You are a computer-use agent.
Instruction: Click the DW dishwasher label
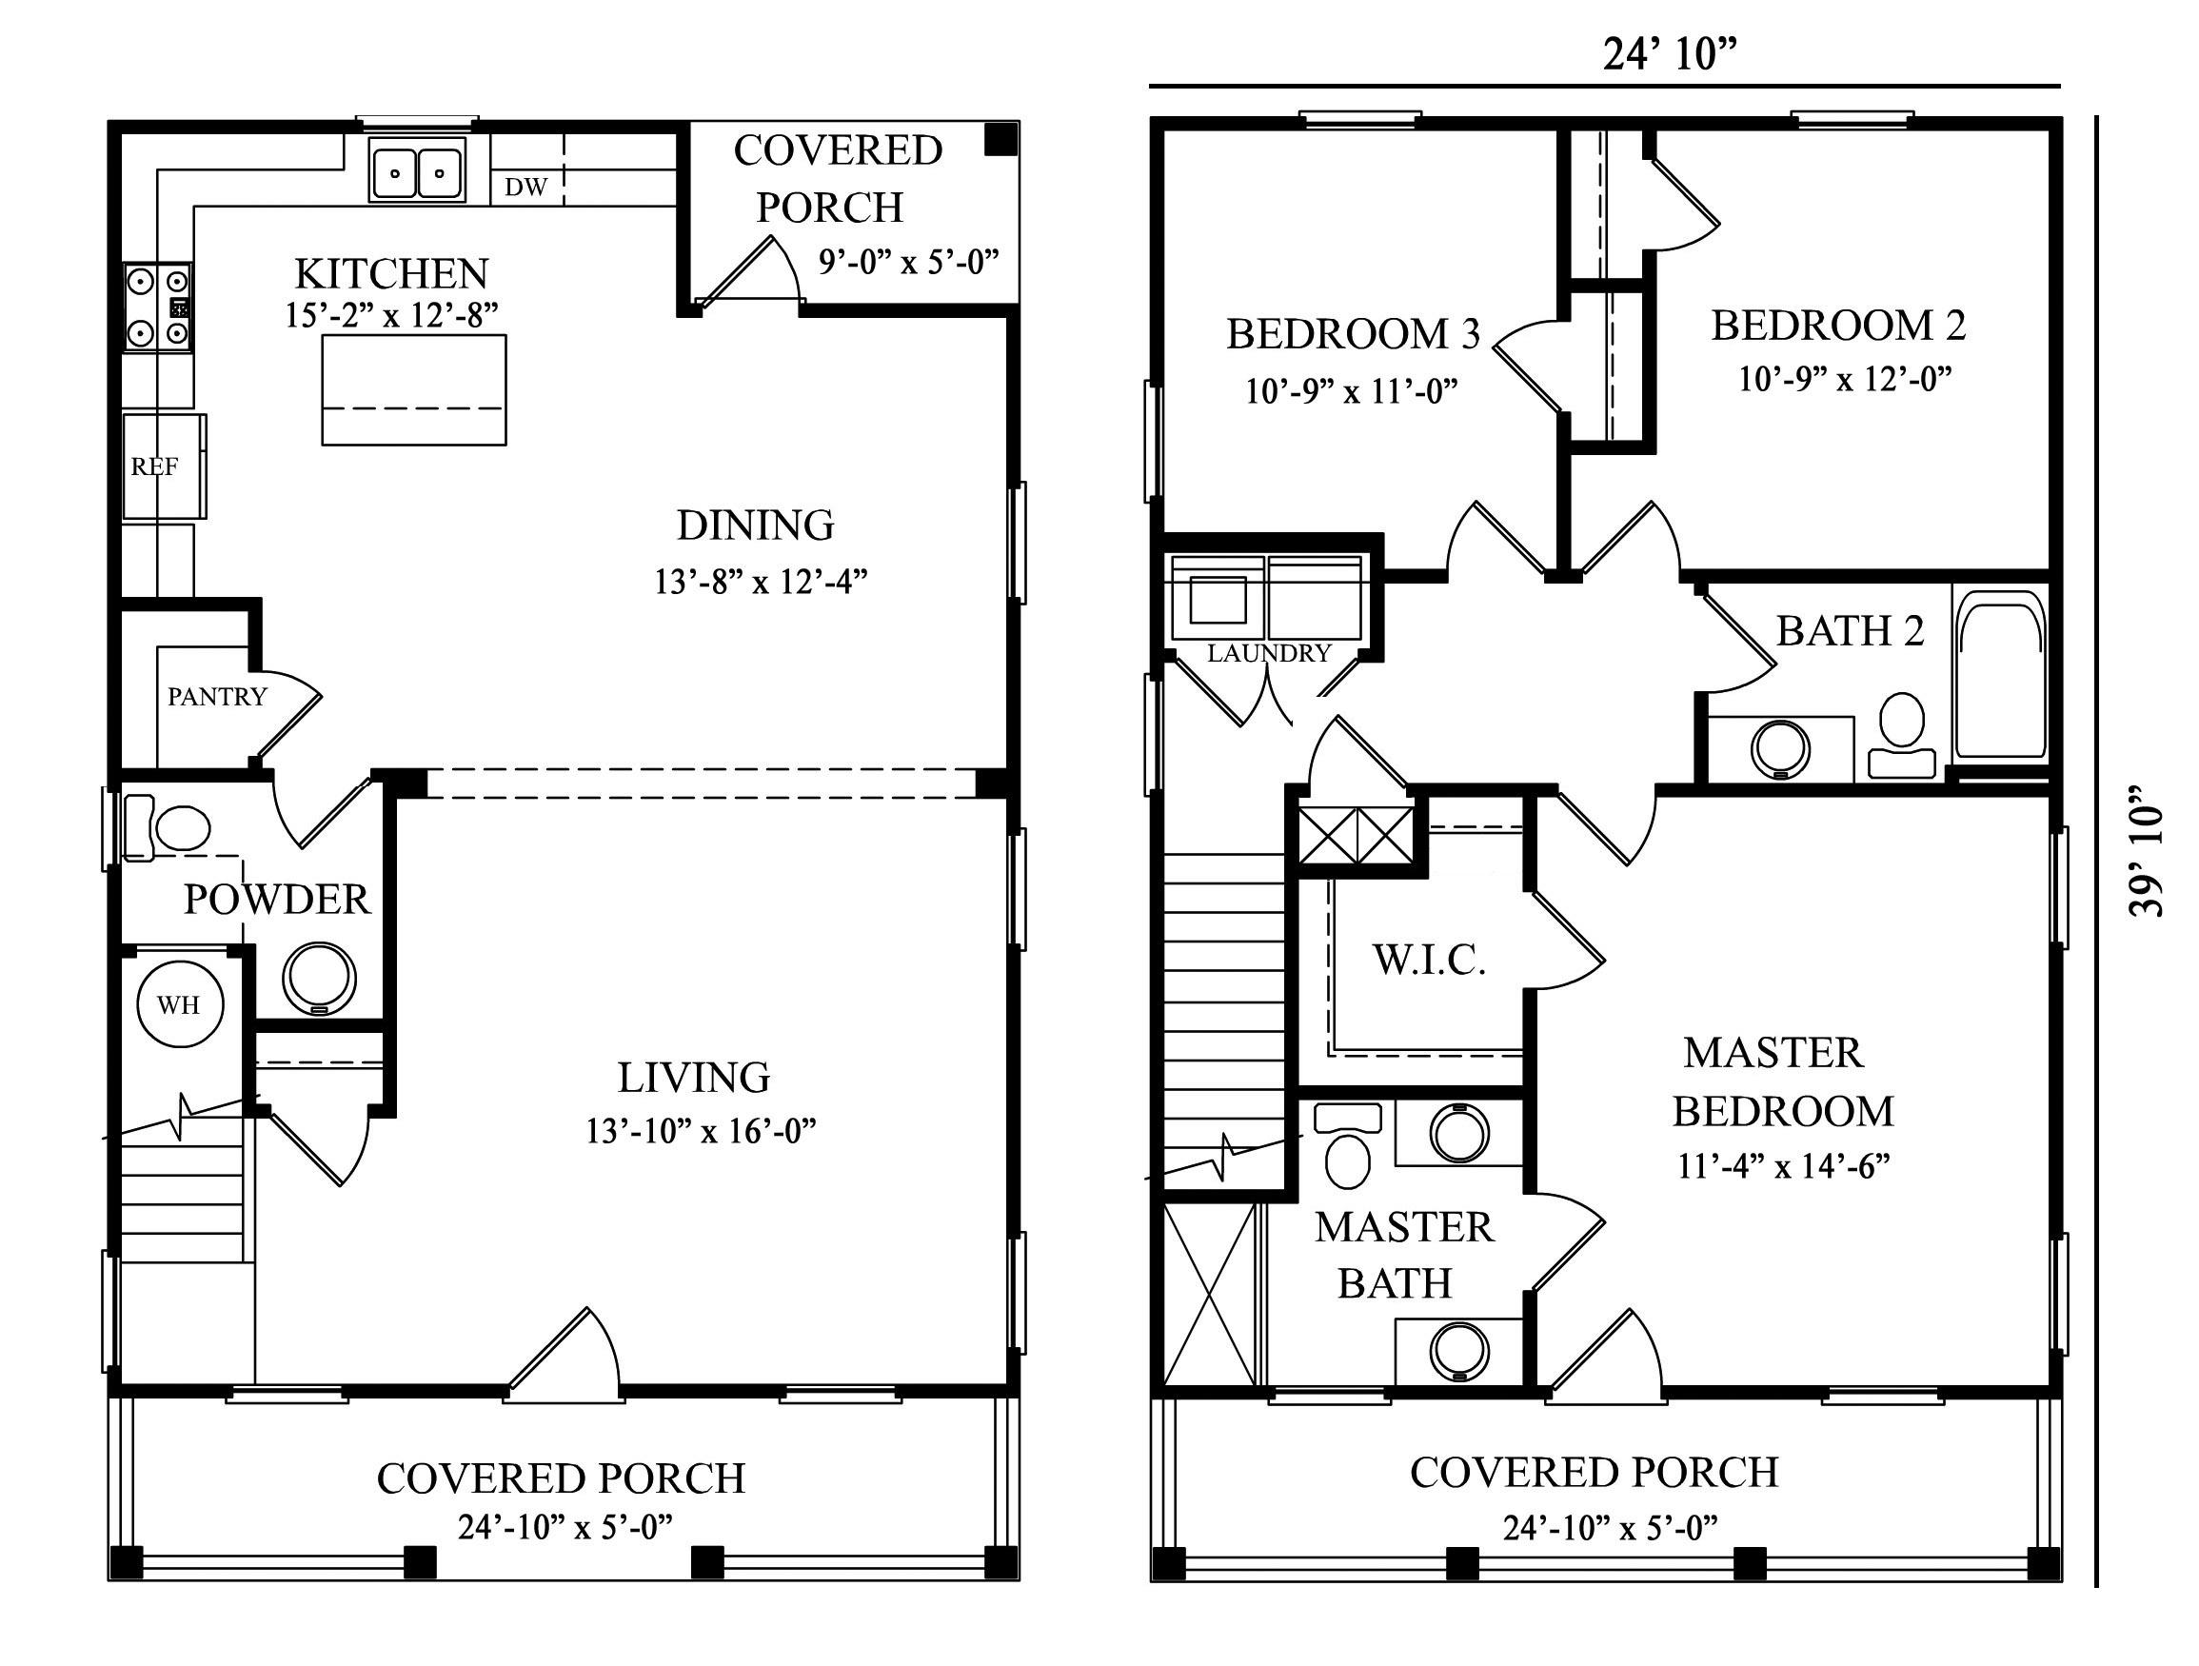click(525, 187)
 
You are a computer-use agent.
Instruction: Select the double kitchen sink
click(417, 171)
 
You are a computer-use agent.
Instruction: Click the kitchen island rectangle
click(413, 388)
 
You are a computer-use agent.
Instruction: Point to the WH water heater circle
click(179, 1004)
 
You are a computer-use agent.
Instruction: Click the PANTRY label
click(217, 696)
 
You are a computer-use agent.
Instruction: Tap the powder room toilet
click(169, 828)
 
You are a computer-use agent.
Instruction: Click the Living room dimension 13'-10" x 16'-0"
click(700, 1130)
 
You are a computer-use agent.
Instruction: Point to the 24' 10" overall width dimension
click(1670, 54)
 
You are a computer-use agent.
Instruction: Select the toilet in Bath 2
click(1901, 734)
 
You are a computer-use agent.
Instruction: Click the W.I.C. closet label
click(1429, 960)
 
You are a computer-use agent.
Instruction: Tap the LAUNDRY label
click(1269, 653)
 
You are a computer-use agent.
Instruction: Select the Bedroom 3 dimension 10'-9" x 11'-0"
click(1351, 390)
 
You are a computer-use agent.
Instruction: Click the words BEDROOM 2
click(1837, 326)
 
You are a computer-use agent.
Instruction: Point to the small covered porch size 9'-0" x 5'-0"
click(907, 262)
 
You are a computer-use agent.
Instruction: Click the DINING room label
click(755, 525)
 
